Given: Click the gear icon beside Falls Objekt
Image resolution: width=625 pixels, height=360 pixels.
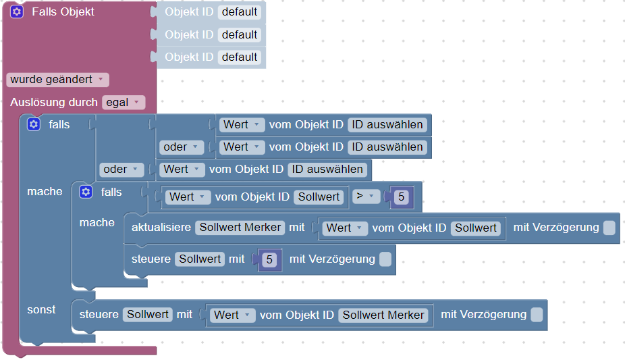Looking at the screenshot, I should [x=17, y=12].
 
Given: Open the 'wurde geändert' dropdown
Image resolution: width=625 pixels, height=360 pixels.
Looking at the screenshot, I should [x=57, y=80].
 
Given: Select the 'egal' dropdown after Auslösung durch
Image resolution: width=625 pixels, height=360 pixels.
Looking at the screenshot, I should [x=124, y=103].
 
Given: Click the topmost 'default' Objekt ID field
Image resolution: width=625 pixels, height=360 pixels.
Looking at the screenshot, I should [x=240, y=11].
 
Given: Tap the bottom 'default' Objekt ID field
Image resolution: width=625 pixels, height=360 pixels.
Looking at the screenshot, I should [x=240, y=57].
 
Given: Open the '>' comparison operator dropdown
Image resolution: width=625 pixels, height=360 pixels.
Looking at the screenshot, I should [x=366, y=197].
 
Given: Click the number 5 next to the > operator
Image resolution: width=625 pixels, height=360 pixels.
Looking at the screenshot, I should [x=402, y=197].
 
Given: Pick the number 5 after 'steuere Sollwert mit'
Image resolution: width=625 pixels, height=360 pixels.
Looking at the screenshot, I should [x=269, y=259].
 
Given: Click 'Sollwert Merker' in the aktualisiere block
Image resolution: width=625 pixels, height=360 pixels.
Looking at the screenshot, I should [x=240, y=228].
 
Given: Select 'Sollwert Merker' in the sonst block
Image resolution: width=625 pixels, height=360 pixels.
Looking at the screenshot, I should [x=383, y=315].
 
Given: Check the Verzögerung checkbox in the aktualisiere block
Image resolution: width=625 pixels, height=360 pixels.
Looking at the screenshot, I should [x=609, y=228].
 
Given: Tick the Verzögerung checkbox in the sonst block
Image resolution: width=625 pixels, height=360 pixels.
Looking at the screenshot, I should [x=537, y=315].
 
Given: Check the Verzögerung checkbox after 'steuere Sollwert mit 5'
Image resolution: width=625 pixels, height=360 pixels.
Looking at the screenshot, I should [x=385, y=259].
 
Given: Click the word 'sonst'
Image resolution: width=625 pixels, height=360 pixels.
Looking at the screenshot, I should [x=41, y=309].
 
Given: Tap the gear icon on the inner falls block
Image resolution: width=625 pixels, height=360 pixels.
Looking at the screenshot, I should [x=86, y=192].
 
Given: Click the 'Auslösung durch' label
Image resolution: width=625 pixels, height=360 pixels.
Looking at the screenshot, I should [x=54, y=103].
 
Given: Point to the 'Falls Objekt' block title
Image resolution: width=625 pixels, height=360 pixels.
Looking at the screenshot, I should [x=63, y=12].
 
